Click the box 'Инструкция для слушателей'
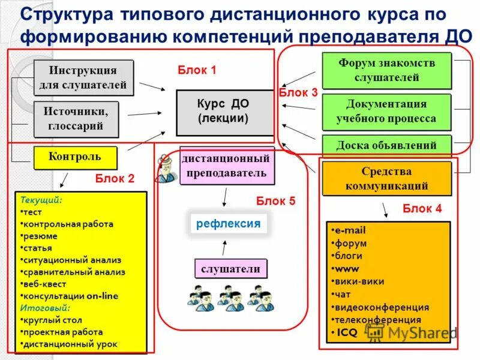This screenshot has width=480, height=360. [83, 78]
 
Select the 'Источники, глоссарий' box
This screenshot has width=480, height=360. [76, 119]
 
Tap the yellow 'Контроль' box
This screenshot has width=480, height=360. [75, 158]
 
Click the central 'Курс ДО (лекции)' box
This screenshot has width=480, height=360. [224, 112]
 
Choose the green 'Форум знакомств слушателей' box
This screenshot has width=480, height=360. [386, 70]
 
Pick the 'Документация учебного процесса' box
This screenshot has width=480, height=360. [386, 112]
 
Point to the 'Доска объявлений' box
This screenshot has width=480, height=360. [386, 145]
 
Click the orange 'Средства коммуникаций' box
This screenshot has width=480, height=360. [386, 179]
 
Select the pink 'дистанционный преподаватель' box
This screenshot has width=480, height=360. [227, 166]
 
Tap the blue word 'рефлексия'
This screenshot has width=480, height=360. [228, 224]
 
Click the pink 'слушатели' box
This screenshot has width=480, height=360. [231, 269]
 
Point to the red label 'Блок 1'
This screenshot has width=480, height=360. [197, 70]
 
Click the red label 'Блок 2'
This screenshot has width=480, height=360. [115, 178]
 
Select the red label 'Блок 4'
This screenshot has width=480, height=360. [422, 209]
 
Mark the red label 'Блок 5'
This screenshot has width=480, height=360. [275, 201]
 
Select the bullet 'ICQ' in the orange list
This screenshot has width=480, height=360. [346, 332]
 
